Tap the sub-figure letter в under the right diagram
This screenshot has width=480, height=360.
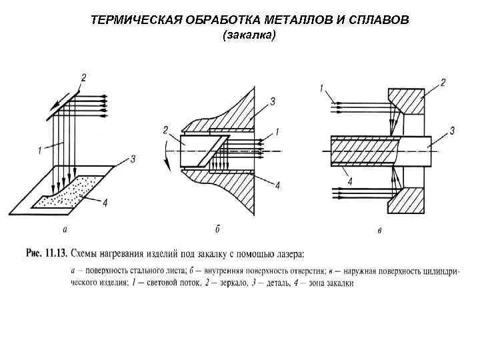pyautogui.click(x=379, y=231)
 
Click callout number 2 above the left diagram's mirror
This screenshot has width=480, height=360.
pyautogui.click(x=83, y=77)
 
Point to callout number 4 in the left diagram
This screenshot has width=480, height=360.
pyautogui.click(x=105, y=203)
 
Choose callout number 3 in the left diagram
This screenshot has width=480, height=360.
pyautogui.click(x=133, y=159)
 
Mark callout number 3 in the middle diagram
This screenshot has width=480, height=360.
pyautogui.click(x=273, y=101)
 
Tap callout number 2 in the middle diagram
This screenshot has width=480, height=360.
pyautogui.click(x=165, y=129)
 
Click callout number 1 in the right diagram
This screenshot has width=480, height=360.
pyautogui.click(x=322, y=87)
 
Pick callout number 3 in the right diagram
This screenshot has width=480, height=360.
pyautogui.click(x=452, y=131)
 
